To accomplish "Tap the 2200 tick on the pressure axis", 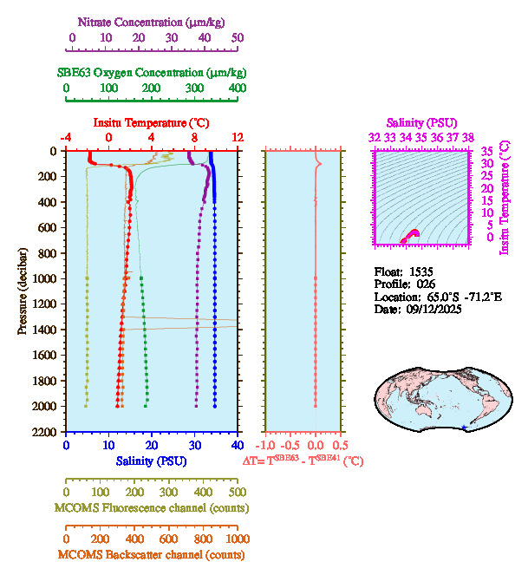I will pos(47,432).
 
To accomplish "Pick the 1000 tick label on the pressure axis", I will pos(47,278).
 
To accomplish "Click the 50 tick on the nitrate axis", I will pos(237,38).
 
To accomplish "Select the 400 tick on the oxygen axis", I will pos(237,88).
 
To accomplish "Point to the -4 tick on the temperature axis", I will pos(66,137).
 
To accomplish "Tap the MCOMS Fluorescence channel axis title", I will pos(151,507).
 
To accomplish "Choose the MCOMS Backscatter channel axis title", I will pos(151,554).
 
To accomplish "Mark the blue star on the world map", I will pos(466,428).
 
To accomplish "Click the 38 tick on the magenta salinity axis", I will pos(468,137).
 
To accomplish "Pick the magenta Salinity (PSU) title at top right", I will pos(420,123).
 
